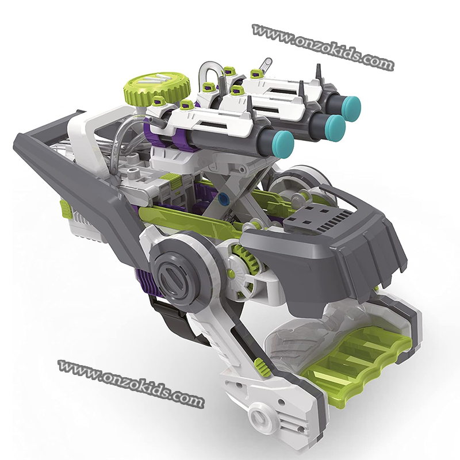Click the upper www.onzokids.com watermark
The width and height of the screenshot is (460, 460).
click(x=323, y=47)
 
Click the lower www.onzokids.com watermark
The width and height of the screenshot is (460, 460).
click(x=131, y=383)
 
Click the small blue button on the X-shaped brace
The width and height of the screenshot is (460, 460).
click(x=224, y=199)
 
